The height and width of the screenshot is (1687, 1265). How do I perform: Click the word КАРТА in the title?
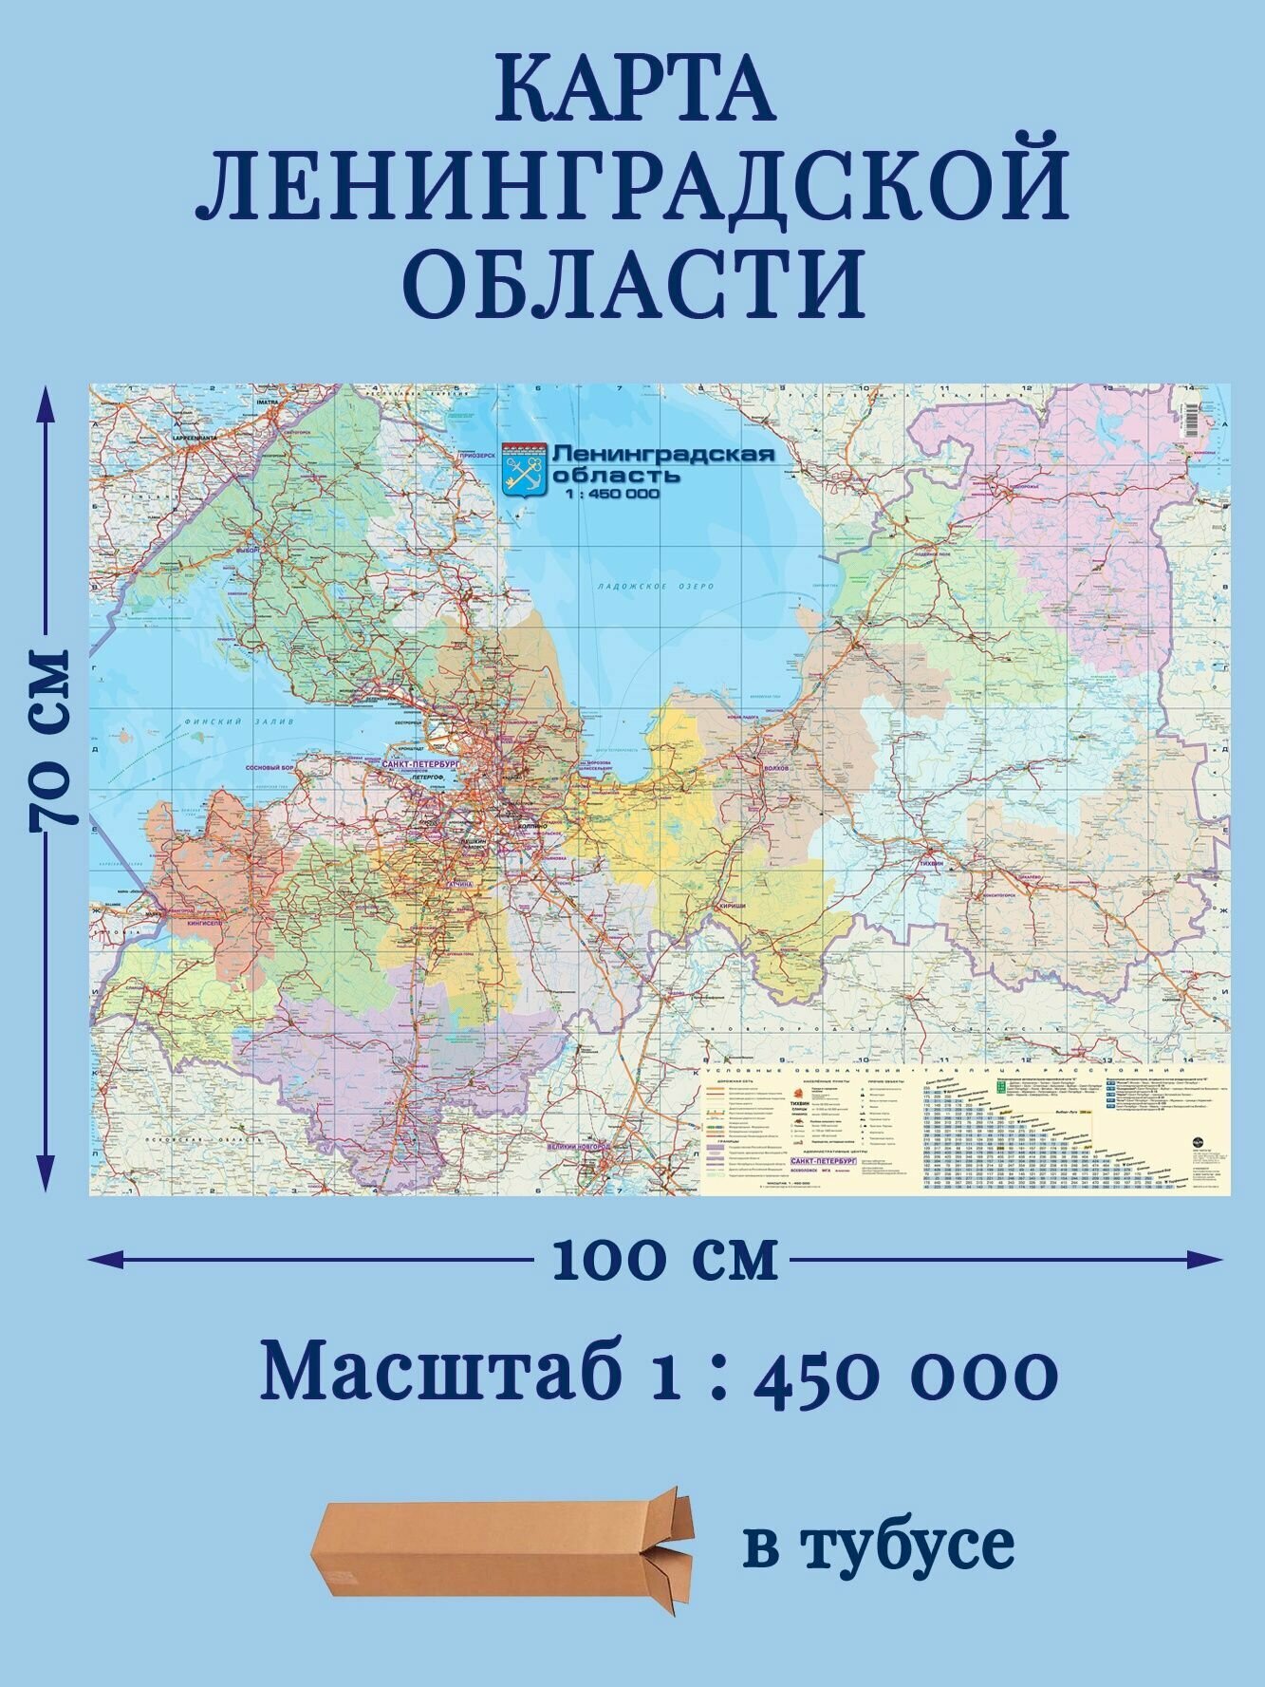(634, 90)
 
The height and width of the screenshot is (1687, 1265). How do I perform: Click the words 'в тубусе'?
(879, 1545)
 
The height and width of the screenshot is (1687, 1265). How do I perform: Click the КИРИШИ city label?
(732, 907)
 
